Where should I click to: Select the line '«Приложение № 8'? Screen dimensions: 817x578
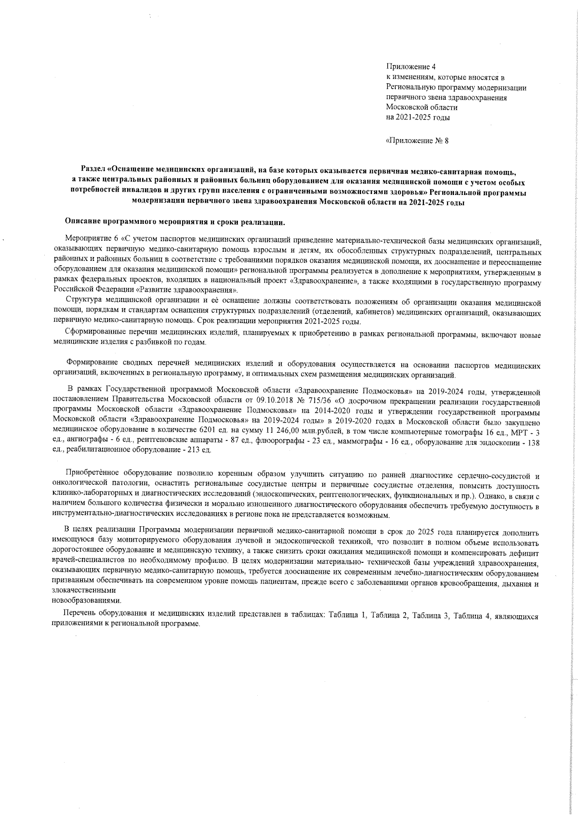(417, 141)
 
